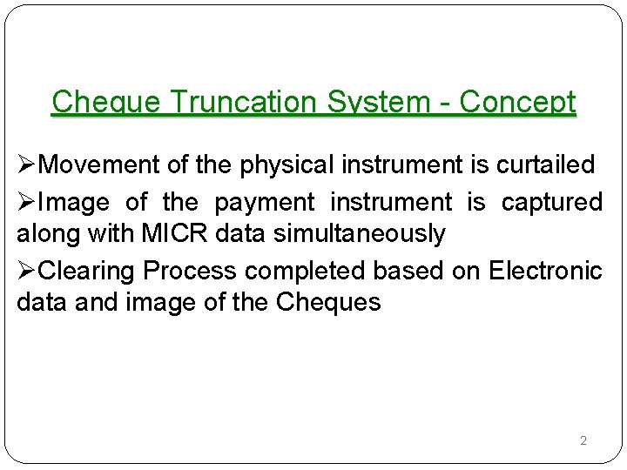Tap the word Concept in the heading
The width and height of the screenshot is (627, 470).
pos(517,103)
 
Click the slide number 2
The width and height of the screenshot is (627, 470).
pos(583,441)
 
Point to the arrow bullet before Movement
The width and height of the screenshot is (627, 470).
pos(27,164)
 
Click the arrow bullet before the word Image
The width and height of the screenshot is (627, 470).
pos(27,203)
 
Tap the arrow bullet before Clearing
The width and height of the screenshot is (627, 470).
pos(27,271)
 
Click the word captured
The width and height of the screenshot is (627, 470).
pos(552,203)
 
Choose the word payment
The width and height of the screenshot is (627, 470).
pos(264,203)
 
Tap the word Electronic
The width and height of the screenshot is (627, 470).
pos(546,271)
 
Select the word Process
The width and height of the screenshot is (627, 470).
pos(192,271)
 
